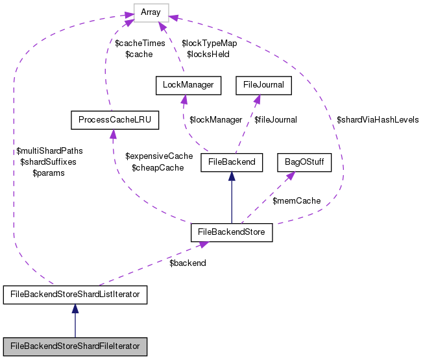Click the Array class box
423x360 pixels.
(x=151, y=12)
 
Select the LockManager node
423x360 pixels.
(x=189, y=84)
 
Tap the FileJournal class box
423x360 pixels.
(x=263, y=84)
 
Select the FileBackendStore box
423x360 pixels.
(x=231, y=232)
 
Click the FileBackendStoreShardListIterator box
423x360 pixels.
(x=75, y=296)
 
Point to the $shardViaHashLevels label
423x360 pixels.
(x=378, y=119)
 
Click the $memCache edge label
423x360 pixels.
(x=296, y=201)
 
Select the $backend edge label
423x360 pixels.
(x=187, y=263)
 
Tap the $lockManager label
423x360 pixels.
(x=215, y=119)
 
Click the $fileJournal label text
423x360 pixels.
(x=276, y=119)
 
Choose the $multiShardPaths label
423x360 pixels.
(x=51, y=150)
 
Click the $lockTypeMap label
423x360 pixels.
(x=209, y=43)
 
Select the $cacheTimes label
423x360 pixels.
(x=139, y=43)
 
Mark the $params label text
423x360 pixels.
(x=51, y=173)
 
